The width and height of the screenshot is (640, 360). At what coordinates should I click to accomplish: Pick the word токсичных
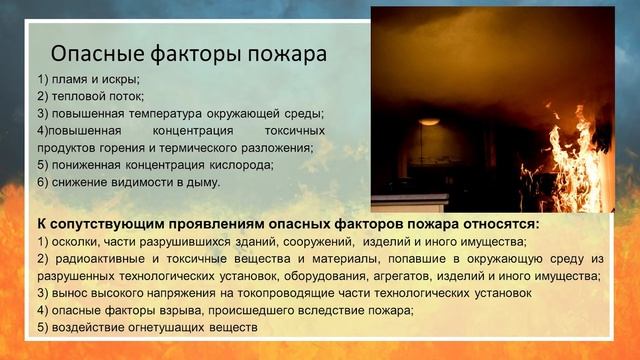click(x=295, y=131)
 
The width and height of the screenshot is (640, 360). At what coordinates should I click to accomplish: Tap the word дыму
click(x=203, y=182)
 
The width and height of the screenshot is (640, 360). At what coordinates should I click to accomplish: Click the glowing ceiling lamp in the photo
click(x=429, y=121)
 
